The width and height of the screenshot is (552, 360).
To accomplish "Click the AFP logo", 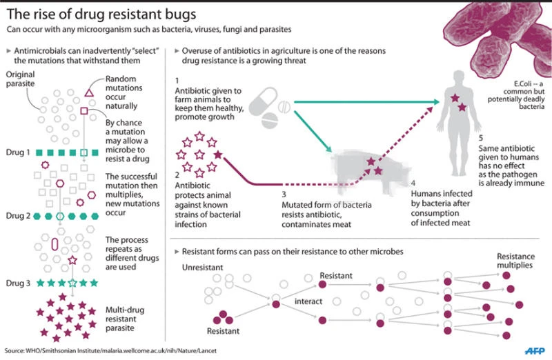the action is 535,351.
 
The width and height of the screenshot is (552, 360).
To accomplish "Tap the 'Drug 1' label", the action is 18,152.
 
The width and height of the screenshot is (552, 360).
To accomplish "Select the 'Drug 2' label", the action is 18,216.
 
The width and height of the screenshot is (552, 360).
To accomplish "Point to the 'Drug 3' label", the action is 18,283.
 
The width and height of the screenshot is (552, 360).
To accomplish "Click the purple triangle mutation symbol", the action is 89,93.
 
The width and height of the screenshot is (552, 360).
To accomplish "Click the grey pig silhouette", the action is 370,170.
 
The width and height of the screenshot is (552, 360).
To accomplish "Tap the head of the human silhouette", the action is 459,77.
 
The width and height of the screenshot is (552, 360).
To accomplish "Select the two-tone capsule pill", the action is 263,101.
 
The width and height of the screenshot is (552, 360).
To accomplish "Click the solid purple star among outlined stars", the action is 218,154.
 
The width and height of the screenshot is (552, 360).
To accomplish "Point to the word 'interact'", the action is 308,301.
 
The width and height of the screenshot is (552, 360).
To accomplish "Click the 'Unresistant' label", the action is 202,268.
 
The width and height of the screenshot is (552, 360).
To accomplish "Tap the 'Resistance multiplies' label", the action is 515,261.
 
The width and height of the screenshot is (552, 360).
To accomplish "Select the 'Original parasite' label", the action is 21,79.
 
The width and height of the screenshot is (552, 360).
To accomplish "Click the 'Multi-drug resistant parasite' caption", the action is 125,319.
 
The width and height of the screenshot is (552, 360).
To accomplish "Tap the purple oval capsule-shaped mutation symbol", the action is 55,244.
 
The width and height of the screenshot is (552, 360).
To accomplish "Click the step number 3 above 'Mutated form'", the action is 284,194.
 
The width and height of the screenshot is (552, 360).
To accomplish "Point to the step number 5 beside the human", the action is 480,138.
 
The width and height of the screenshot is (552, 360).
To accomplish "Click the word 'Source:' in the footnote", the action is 14,351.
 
